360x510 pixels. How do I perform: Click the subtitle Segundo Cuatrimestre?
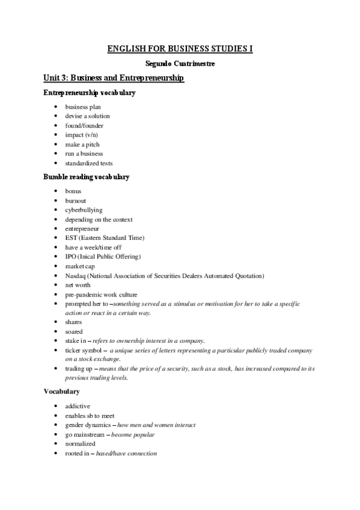(x=180, y=63)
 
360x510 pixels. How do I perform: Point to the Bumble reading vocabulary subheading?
(x=87, y=177)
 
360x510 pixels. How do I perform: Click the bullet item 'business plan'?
(x=83, y=106)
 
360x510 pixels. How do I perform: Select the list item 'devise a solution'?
(x=88, y=116)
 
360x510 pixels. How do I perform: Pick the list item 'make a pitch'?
(x=82, y=144)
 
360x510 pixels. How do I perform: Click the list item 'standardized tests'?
(x=89, y=164)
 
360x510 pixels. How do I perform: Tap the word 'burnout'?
(x=76, y=200)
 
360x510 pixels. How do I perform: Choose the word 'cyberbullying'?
(x=84, y=210)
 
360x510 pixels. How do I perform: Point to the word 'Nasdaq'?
(x=75, y=275)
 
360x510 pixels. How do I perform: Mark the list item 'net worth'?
(x=78, y=285)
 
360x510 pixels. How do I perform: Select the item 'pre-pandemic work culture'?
(x=102, y=295)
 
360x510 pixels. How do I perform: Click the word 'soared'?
(x=75, y=331)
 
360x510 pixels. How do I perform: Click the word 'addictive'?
(x=78, y=406)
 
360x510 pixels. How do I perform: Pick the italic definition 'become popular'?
(x=133, y=434)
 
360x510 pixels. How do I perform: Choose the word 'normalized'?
(x=81, y=444)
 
